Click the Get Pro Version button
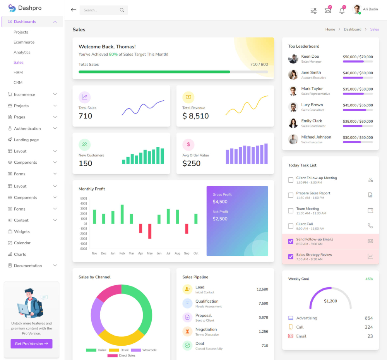[x=31, y=344]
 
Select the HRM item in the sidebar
[x=18, y=72]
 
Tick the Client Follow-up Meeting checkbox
[x=291, y=180]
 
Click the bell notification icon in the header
[x=342, y=10]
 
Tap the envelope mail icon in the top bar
[x=328, y=10]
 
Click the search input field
[x=101, y=10]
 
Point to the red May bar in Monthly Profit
[x=150, y=231]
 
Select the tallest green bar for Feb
[x=122, y=214]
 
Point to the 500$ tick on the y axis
[x=84, y=199]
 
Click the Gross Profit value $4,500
[x=220, y=202]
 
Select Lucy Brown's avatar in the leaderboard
[x=293, y=107]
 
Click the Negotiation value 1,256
[x=263, y=332]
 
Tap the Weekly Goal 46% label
[x=369, y=279]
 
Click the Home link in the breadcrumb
[x=330, y=29]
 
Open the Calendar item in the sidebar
[x=22, y=243]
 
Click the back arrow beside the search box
[x=74, y=10]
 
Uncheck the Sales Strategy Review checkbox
[x=291, y=257]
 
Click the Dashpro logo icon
[x=12, y=8]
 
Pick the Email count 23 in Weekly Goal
[x=370, y=336]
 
